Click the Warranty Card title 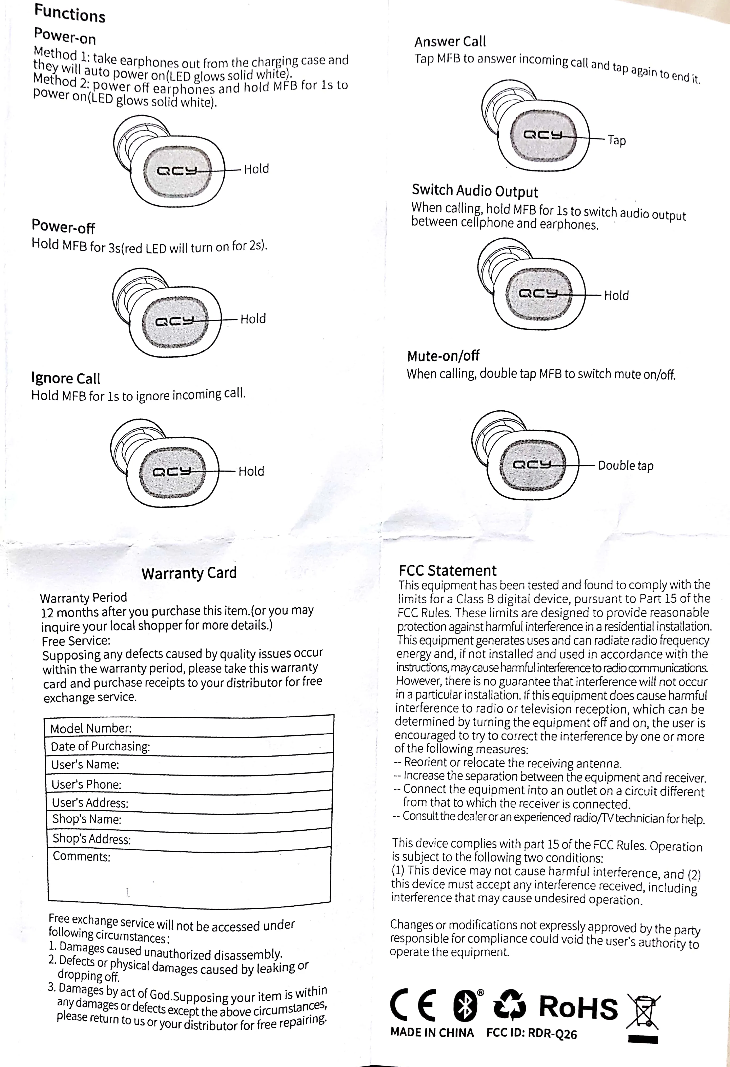pos(189,573)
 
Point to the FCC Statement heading pos(447,571)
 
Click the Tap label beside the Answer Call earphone pos(617,140)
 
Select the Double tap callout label pos(625,465)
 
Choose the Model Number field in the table pos(91,729)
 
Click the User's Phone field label pos(86,784)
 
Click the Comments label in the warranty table pos(82,857)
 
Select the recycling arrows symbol pos(509,1005)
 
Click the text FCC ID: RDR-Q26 pos(531,1033)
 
